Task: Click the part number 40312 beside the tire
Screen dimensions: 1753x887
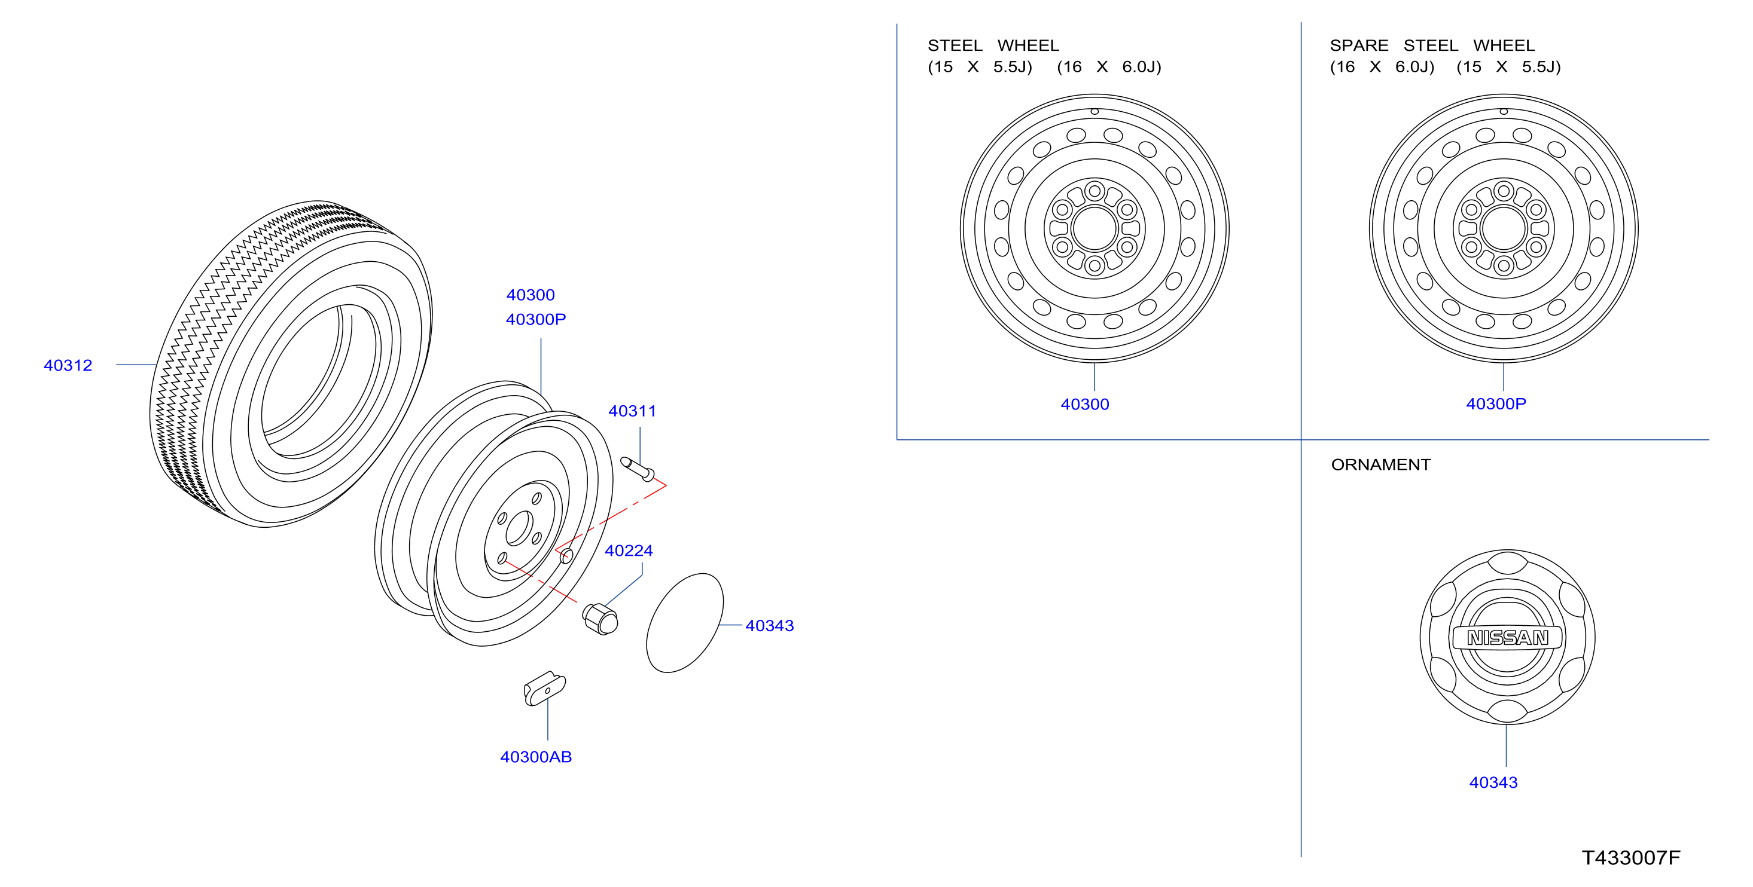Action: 68,365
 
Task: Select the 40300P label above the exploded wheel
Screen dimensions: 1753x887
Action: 535,319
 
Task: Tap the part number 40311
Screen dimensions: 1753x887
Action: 632,411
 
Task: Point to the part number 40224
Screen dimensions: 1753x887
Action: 629,550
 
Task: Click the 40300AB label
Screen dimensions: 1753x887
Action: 535,756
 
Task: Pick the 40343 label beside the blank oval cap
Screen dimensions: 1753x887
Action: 770,625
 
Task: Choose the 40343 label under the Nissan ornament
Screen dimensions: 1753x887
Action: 1493,782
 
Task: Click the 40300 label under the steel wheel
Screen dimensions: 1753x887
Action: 1085,404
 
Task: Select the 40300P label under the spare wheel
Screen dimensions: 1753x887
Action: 1496,403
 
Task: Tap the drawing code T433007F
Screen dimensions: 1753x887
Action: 1630,858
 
